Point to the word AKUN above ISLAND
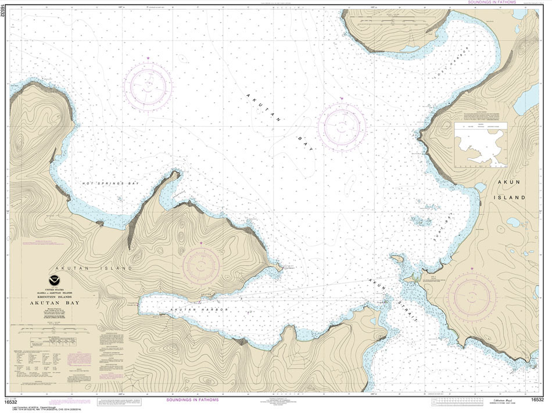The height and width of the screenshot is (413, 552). coord(511,182)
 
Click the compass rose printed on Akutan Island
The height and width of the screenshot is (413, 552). coord(201,267)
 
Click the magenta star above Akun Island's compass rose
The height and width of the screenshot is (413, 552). coord(472,268)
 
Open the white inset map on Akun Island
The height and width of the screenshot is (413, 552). coord(481,145)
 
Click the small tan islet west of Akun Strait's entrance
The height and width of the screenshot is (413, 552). coord(397,258)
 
